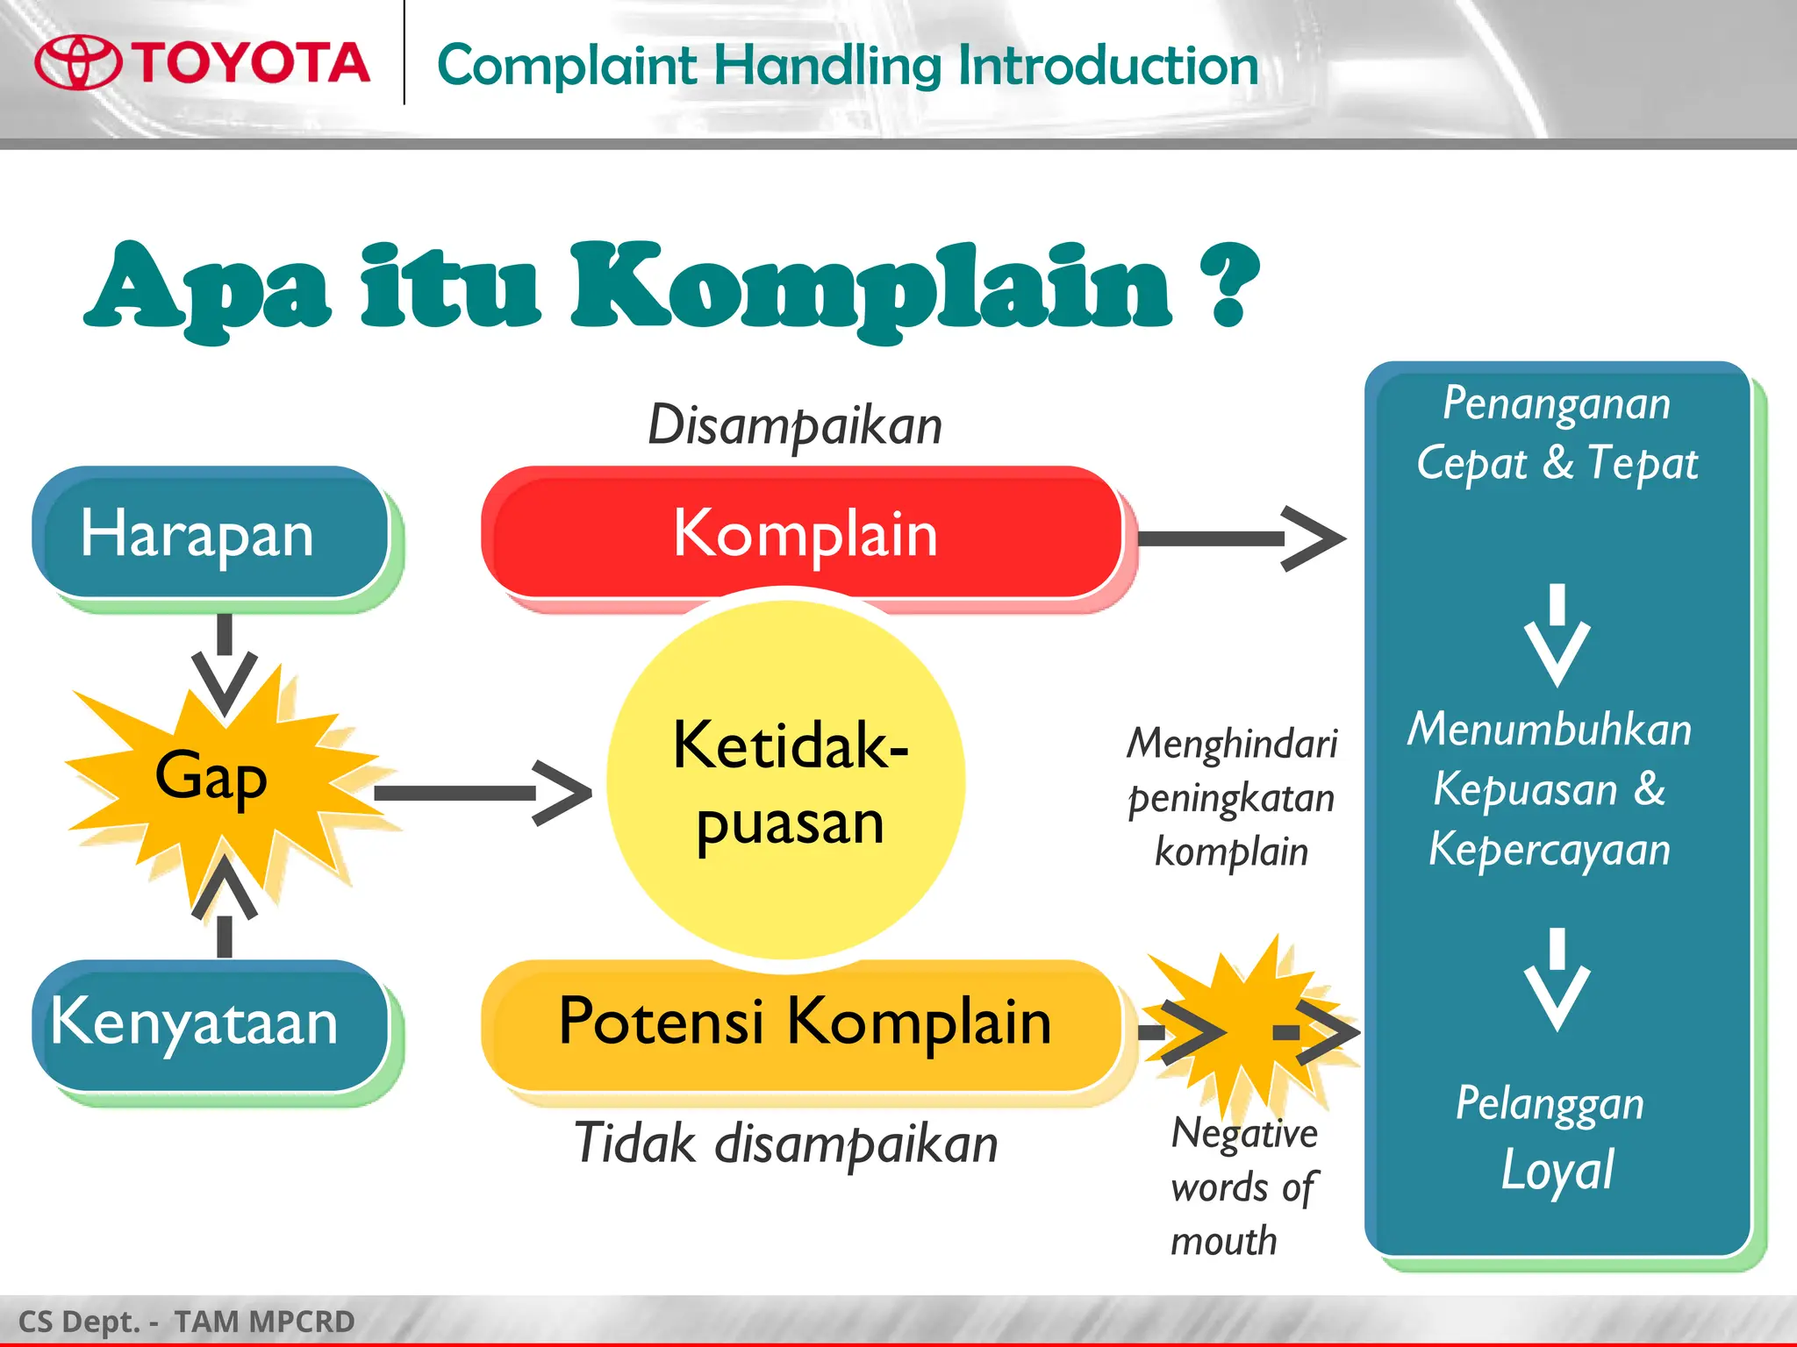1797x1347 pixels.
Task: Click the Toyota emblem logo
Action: point(78,62)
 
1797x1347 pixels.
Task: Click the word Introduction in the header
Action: point(1107,67)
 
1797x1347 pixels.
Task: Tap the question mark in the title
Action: point(1234,285)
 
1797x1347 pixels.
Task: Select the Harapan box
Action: point(211,533)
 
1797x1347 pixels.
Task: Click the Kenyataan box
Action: point(211,1024)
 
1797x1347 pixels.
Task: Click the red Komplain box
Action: point(803,533)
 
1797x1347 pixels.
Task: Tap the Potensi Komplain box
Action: point(803,1023)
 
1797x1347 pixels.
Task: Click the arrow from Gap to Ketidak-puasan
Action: point(483,793)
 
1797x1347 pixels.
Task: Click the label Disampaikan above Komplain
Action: point(794,426)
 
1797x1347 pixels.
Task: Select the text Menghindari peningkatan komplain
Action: point(1231,796)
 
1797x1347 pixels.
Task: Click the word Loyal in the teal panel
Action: point(1557,1170)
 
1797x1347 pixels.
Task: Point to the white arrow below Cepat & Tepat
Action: point(1557,636)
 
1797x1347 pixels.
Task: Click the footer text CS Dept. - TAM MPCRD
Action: point(186,1322)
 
